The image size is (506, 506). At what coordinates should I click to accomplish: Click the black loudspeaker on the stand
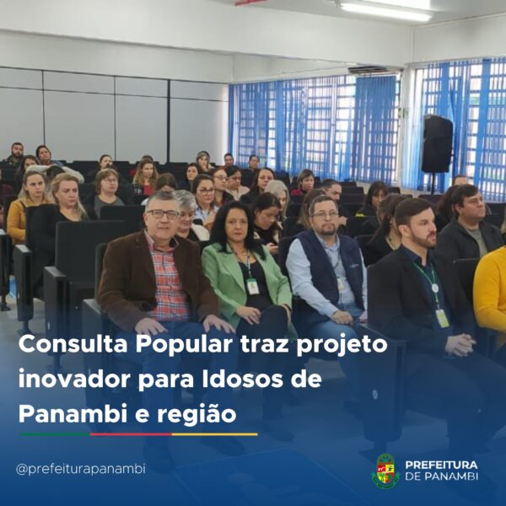click(437, 144)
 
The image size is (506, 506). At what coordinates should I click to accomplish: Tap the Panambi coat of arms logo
click(385, 470)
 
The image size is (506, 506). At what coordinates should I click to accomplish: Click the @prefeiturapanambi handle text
click(81, 469)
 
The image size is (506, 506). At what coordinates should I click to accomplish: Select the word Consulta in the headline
click(73, 344)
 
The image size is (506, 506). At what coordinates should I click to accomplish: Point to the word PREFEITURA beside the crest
click(441, 465)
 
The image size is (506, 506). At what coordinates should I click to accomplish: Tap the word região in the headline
click(196, 415)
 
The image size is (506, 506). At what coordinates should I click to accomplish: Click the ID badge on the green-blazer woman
click(253, 286)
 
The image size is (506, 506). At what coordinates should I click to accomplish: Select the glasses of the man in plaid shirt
click(162, 214)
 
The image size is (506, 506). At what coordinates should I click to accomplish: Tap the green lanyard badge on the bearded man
click(442, 318)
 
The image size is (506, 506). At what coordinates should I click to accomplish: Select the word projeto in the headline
click(342, 345)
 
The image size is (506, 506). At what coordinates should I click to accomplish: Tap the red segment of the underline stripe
click(131, 434)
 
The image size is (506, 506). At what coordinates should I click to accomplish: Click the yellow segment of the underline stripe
click(214, 434)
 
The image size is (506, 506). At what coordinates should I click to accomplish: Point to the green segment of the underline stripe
click(55, 434)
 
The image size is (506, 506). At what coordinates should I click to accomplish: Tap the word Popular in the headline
click(184, 345)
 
